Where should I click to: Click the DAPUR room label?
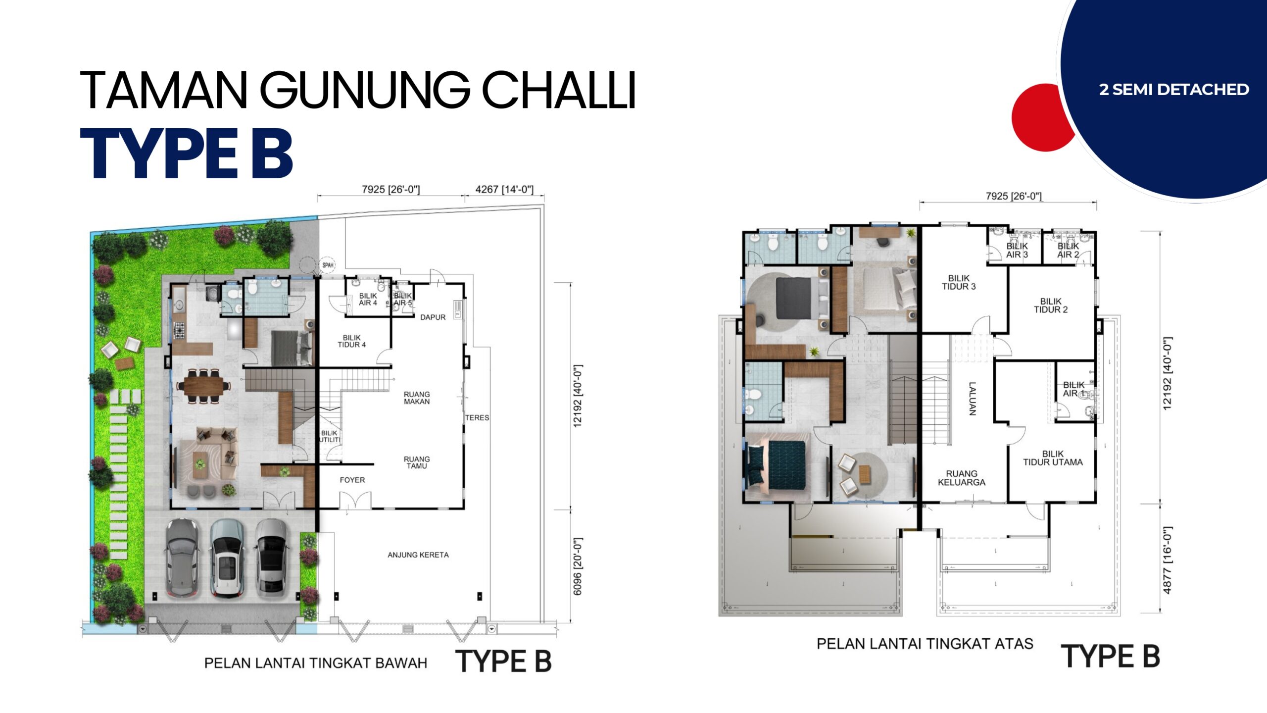coord(433,317)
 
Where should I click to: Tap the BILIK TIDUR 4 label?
coord(351,341)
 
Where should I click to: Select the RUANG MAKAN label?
coord(417,398)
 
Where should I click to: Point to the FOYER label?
coord(352,480)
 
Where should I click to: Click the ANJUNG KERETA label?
coord(418,555)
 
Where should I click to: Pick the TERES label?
coord(477,418)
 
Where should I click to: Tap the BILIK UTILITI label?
coord(330,436)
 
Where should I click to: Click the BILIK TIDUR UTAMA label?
coord(1053,458)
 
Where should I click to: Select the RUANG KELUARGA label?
coord(962,478)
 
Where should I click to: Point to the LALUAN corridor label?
coord(972,398)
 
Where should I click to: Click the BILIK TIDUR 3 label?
coord(959,282)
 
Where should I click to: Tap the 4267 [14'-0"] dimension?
coord(504,190)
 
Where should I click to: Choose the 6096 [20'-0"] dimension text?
coord(578,566)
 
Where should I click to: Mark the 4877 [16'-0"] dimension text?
coord(1167,560)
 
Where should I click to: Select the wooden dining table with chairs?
coord(203,385)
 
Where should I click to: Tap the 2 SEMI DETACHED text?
coord(1174,90)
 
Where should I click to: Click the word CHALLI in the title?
coord(559,90)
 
